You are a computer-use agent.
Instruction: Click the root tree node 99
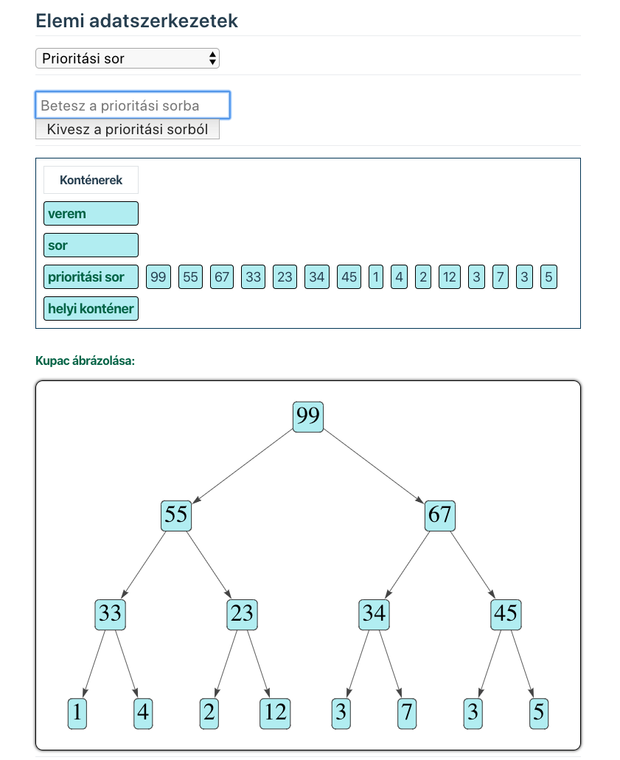point(308,417)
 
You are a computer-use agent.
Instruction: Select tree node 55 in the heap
point(176,515)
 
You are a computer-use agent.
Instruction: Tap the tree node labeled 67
point(440,515)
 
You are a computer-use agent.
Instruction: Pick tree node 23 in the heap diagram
point(242,614)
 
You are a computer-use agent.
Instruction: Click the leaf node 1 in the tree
point(77,713)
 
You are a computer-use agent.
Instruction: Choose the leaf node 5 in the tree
point(539,713)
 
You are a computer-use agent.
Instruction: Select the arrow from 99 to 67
point(374,466)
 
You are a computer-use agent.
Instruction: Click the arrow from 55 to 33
point(144,565)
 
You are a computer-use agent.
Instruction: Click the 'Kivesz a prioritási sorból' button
point(128,130)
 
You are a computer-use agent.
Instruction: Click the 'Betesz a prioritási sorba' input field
point(133,105)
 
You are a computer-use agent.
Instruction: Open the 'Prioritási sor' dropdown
point(128,58)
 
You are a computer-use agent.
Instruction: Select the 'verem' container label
point(91,214)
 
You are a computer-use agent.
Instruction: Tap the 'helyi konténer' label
point(91,309)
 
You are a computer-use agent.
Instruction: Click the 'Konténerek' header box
point(91,180)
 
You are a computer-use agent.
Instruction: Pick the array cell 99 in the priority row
point(158,277)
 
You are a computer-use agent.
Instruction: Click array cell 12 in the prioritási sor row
point(449,277)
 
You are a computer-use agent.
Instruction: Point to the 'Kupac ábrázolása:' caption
point(85,361)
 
